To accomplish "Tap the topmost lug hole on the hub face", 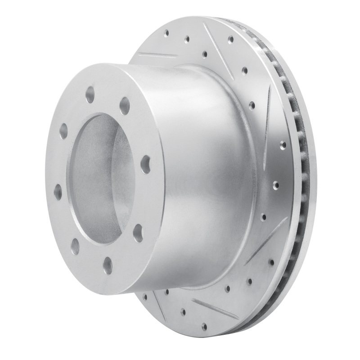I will pos(90,95).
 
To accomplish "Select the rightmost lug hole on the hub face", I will pos(145,165).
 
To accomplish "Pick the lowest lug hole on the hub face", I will pos(108,265).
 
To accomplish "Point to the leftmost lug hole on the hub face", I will pos(58,192).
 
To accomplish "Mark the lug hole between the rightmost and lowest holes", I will pos(138,233).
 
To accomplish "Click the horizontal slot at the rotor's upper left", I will pos(157,56).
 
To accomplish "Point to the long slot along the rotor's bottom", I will pos(214,308).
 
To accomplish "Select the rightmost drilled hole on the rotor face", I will pos(283,145).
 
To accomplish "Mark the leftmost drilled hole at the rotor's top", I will pos(166,32).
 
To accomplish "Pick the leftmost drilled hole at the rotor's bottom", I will pos(145,296).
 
